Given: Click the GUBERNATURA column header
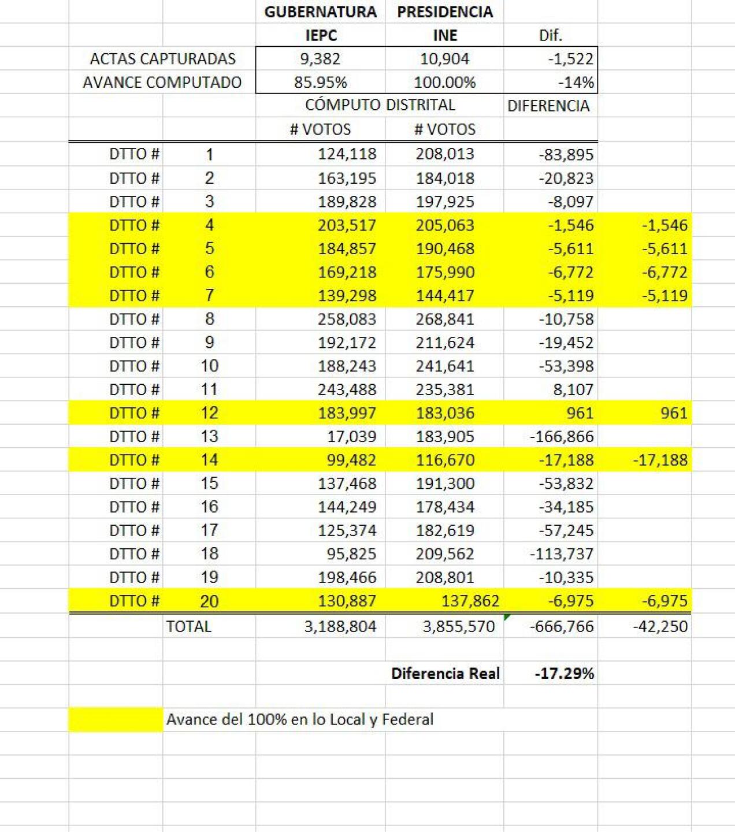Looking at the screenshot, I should tap(320, 12).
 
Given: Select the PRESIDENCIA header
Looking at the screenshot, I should tap(445, 12).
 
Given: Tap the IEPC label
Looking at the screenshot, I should tap(321, 35).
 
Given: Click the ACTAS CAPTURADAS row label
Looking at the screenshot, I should tap(162, 59).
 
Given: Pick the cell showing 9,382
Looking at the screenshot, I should tap(320, 59).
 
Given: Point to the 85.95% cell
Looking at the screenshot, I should tap(320, 83).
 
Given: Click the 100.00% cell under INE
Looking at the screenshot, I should tap(444, 83).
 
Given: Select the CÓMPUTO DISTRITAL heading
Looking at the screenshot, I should tap(380, 105).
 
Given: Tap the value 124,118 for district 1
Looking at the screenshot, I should tap(347, 154).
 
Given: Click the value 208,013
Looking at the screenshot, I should tap(444, 154).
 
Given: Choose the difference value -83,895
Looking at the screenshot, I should tap(566, 155).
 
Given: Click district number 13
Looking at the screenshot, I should tap(209, 437).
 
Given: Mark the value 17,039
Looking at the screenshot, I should tap(351, 437).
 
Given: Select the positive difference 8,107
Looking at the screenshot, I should tap(573, 390).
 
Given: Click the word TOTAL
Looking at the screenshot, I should tap(188, 626).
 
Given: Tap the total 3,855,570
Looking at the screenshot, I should tap(458, 626).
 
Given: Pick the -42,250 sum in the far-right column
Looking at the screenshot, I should tap(660, 626).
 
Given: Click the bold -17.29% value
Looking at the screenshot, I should tap(564, 674).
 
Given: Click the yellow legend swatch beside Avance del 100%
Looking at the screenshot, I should tap(116, 720).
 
